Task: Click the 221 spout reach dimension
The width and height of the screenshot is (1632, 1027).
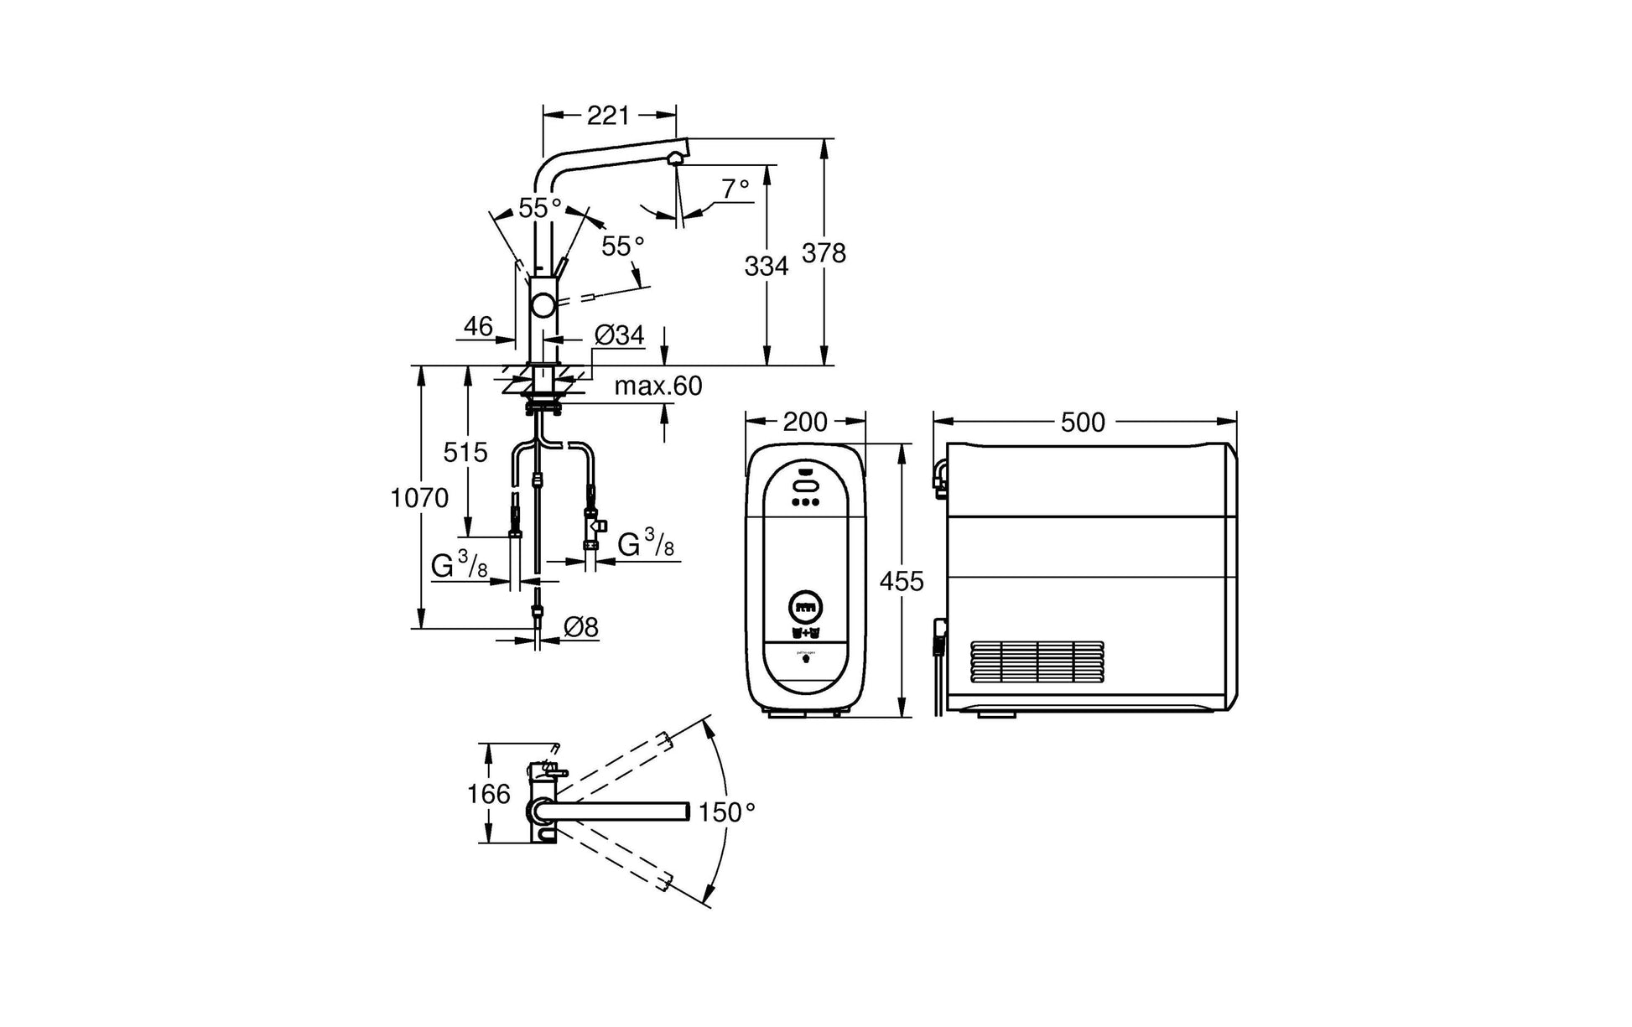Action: point(608,116)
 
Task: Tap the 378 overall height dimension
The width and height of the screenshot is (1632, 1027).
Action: point(824,252)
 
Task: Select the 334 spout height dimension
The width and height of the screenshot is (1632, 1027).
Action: point(767,266)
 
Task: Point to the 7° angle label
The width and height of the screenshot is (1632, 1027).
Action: point(735,189)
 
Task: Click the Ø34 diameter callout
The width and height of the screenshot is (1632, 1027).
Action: point(619,335)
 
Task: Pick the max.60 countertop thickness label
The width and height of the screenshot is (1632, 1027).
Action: point(658,386)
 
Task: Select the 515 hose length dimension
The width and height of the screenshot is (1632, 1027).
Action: point(465,453)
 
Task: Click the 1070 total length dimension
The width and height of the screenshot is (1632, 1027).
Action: point(419,498)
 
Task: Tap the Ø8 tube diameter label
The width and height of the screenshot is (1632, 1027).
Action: point(581,626)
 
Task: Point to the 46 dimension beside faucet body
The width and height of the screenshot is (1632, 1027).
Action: point(478,326)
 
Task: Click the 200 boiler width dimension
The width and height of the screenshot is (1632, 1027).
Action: point(805,422)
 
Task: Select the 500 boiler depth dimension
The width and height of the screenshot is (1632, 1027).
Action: point(1083,422)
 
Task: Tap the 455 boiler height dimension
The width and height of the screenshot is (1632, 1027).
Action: point(902,580)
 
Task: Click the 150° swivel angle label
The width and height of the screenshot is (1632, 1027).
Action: point(727,812)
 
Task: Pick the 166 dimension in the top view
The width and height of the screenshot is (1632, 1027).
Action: point(488,793)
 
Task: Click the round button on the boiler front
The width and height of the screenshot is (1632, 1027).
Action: point(805,605)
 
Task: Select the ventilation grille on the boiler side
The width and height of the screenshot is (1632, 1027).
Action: point(1037,662)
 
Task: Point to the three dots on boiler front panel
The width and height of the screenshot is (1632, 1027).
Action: point(805,503)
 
